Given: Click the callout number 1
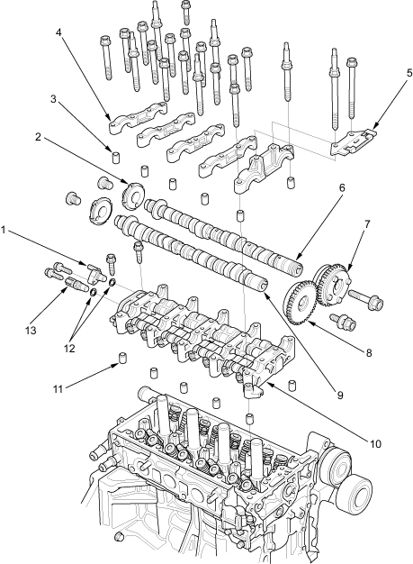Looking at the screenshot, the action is click(4, 230).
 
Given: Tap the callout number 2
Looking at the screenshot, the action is click(38, 137).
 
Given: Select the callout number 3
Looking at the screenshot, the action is click(53, 98).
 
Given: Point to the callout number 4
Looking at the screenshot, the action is click(58, 32).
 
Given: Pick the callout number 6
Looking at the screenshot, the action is click(341, 187).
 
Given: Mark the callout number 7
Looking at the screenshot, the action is click(367, 224).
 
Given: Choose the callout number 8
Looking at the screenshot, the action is click(369, 352).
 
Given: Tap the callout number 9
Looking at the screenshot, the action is click(340, 395).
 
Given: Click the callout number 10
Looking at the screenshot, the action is click(375, 444).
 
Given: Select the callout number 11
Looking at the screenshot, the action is click(58, 389).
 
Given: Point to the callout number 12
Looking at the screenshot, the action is click(69, 348).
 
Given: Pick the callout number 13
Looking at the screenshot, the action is click(31, 330).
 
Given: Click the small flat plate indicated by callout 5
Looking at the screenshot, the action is click(354, 143).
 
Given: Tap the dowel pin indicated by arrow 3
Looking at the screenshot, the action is click(115, 158).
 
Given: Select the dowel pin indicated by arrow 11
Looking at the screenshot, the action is click(123, 359).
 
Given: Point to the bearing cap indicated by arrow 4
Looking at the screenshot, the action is click(138, 118).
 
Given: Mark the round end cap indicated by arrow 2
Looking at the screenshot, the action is click(133, 196).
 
